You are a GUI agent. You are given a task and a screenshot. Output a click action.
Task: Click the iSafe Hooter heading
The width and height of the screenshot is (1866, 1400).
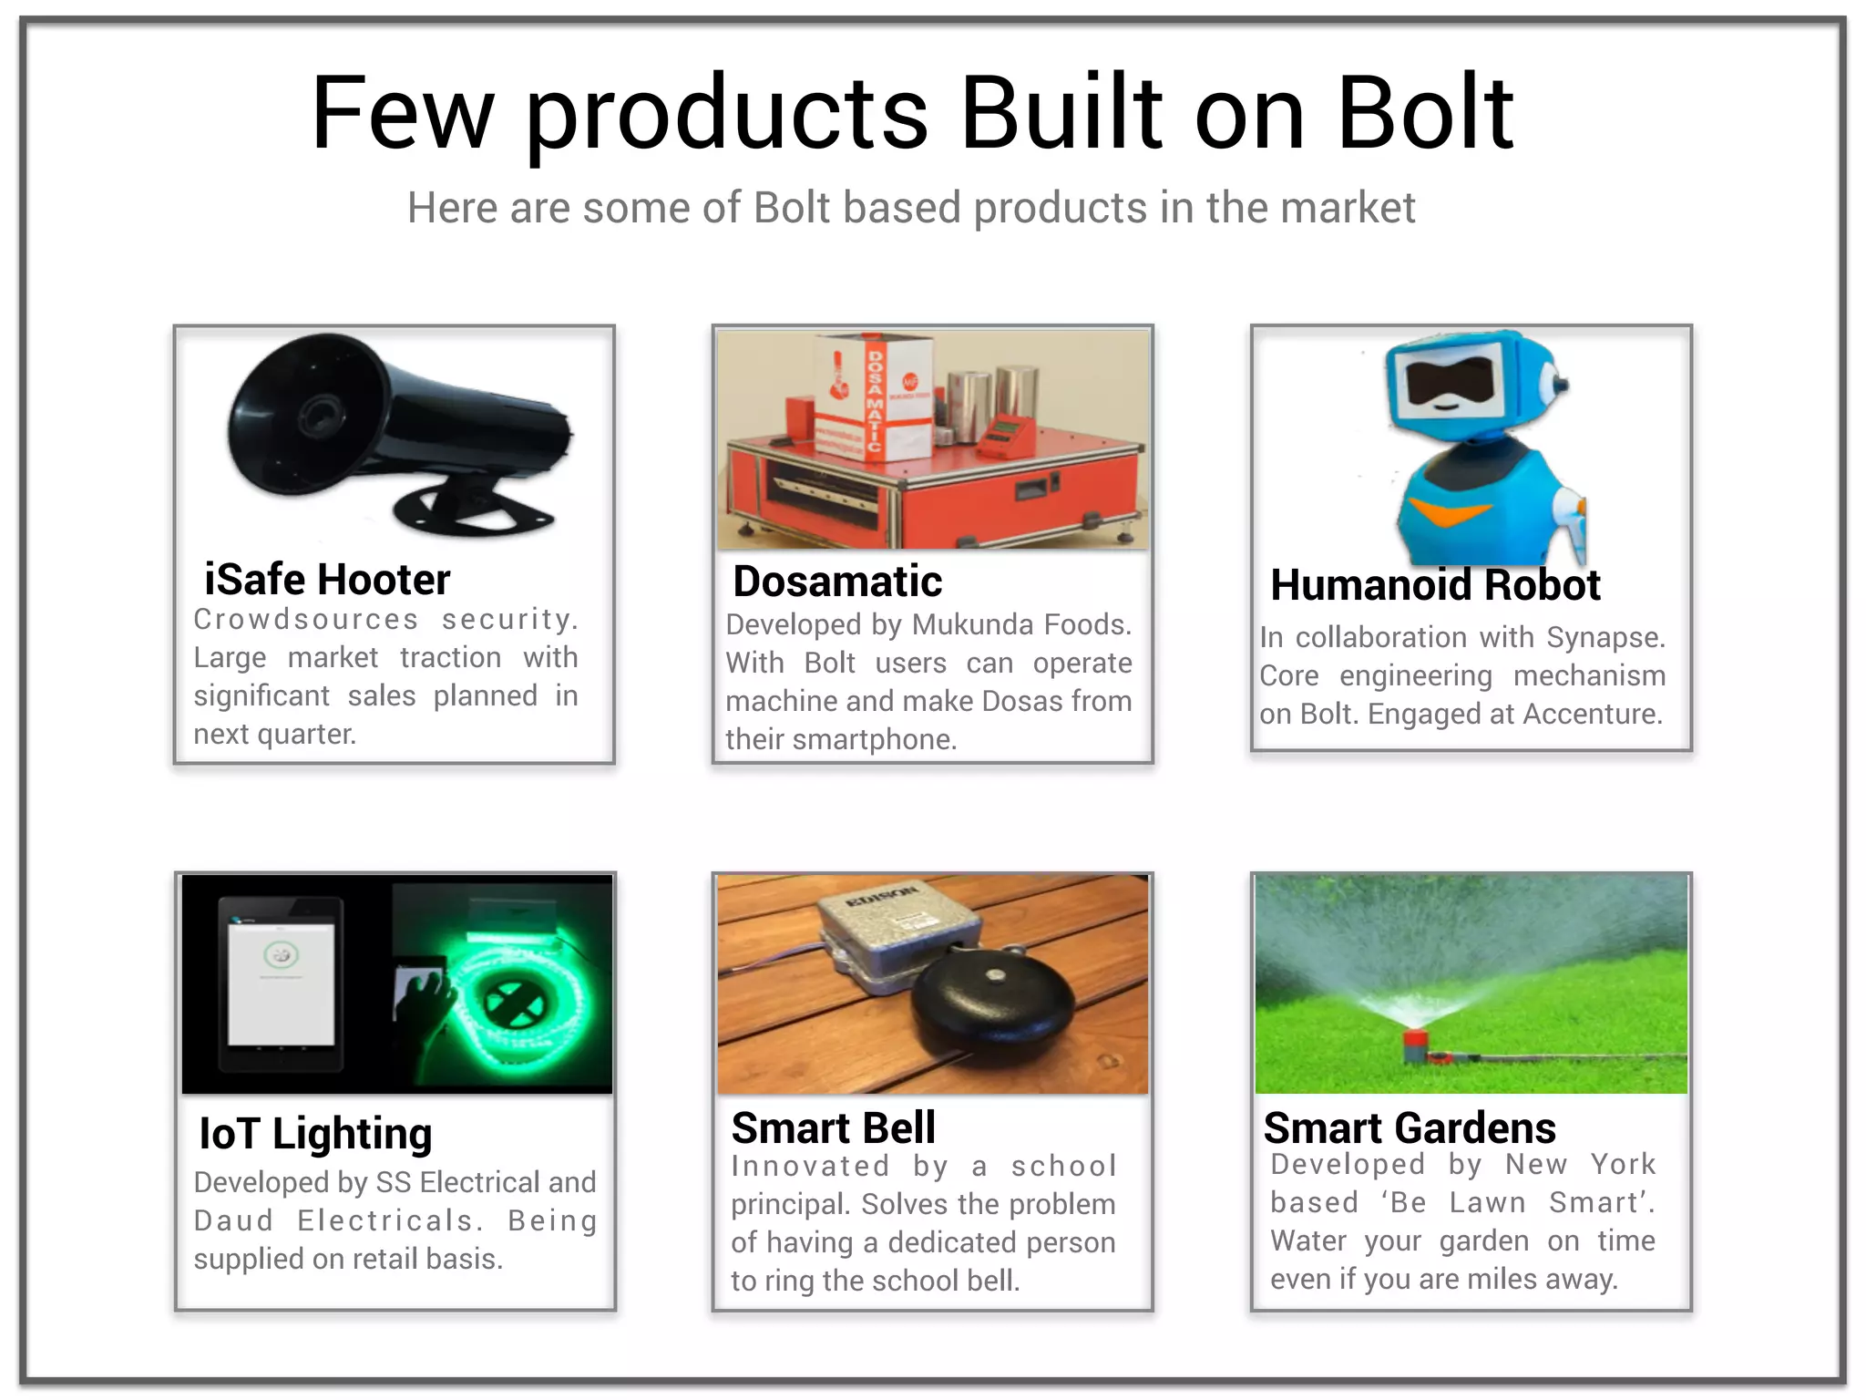[327, 580]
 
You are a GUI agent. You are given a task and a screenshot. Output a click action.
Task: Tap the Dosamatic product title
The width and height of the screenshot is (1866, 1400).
[836, 582]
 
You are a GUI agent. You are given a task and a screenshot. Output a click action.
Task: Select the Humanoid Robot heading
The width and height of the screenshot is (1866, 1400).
[1435, 585]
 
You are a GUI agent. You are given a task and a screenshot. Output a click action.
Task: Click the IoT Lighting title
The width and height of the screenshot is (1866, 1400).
[315, 1134]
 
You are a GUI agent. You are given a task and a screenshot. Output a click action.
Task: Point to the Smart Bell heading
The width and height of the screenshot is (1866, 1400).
[833, 1128]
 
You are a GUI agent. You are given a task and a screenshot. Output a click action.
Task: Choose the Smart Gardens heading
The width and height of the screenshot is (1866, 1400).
[1410, 1128]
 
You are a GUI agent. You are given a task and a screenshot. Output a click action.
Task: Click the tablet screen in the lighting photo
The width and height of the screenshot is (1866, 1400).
[281, 984]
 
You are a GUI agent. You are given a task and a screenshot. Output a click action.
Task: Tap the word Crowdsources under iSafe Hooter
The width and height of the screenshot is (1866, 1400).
[305, 619]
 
